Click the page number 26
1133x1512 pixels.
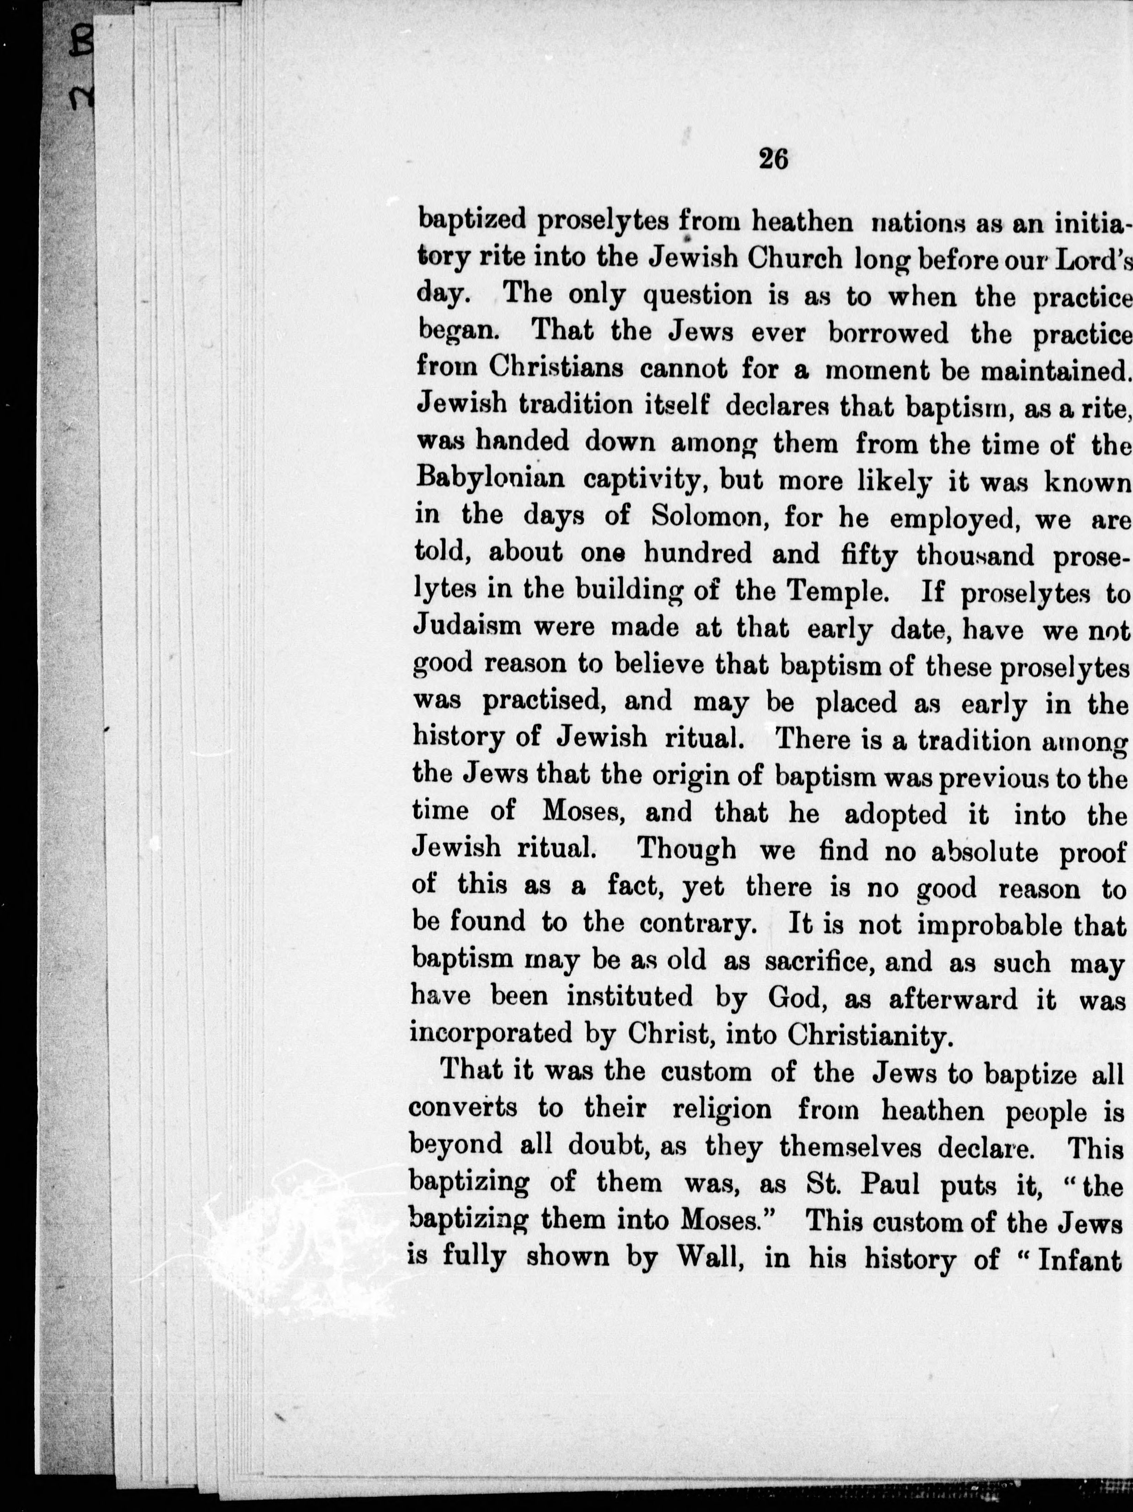773,159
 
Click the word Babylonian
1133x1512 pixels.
490,480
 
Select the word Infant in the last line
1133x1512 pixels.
1082,1257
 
